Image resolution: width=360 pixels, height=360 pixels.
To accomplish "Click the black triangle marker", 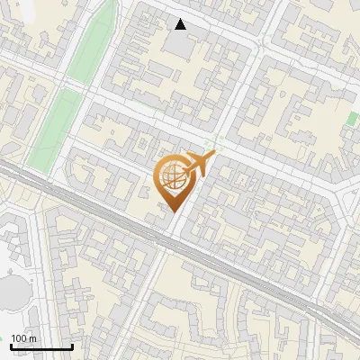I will [x=181, y=24].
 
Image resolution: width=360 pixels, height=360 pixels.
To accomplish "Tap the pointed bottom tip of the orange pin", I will [x=171, y=212].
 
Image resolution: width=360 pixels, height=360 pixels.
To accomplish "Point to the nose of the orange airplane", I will [x=213, y=157].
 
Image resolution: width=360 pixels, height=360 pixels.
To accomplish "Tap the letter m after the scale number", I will [x=33, y=338].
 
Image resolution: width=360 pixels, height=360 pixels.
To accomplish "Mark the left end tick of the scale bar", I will [x=11, y=346].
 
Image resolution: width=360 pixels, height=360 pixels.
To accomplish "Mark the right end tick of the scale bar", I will [x=72, y=346].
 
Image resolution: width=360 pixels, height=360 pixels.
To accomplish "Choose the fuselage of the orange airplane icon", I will [x=199, y=164].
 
